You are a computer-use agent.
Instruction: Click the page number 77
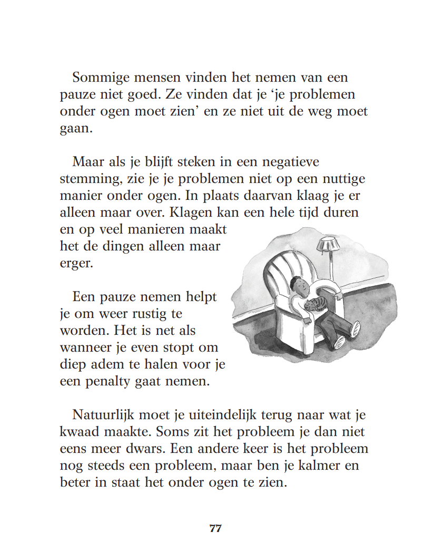coord(215,528)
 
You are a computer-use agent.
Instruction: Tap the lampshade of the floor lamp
coord(327,244)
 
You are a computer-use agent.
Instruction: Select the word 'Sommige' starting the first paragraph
coord(98,78)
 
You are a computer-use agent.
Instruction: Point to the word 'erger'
coord(76,263)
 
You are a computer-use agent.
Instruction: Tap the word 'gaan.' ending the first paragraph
coord(76,129)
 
